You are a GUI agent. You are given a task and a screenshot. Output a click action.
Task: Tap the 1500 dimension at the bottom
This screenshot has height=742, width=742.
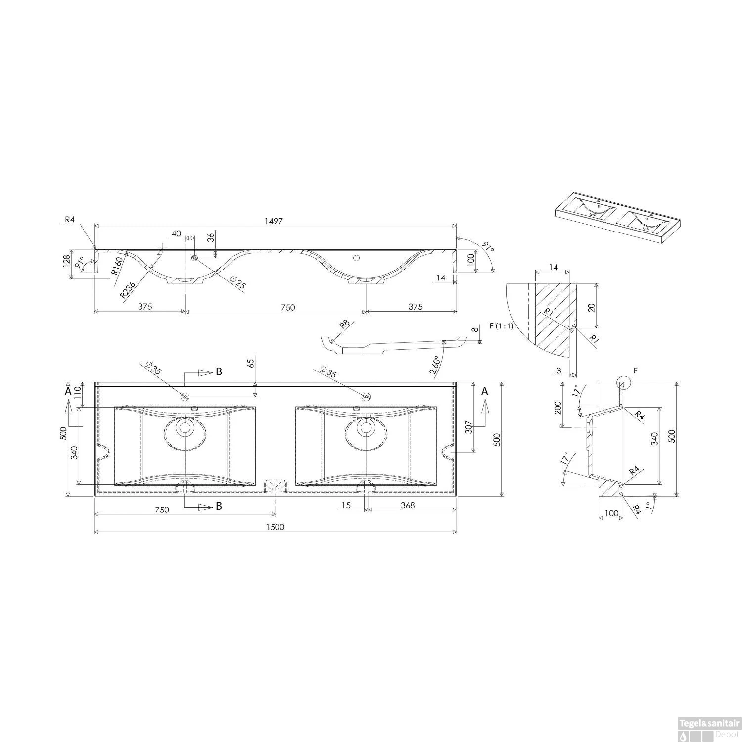pyautogui.click(x=275, y=527)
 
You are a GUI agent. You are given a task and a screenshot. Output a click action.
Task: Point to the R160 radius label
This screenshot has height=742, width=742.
pyautogui.click(x=117, y=266)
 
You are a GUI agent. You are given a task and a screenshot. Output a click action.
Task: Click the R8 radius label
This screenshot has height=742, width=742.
pyautogui.click(x=345, y=325)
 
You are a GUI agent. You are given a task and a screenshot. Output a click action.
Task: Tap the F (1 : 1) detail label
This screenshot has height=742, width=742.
pyautogui.click(x=502, y=326)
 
